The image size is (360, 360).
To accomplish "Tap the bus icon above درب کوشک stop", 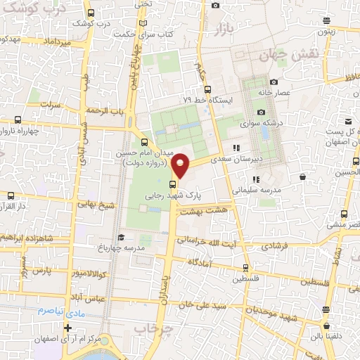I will [x=91, y=13].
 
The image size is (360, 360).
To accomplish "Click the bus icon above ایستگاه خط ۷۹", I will [x=207, y=89].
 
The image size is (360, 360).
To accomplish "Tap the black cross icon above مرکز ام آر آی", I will [x=67, y=328].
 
